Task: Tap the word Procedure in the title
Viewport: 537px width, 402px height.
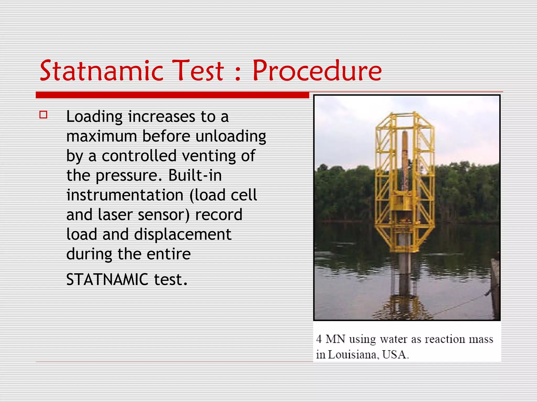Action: pos(317,71)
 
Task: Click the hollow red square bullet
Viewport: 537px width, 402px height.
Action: pos(43,115)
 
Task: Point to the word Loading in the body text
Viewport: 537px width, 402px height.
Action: pos(94,117)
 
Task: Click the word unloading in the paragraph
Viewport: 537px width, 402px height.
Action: pos(231,137)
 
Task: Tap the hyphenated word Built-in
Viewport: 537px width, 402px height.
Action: pos(195,175)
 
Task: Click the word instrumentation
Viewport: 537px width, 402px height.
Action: pos(125,195)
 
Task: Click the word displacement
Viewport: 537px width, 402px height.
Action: pos(183,234)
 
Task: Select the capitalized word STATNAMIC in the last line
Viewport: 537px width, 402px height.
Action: pos(107,280)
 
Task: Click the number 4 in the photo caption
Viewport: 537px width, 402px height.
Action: pos(319,339)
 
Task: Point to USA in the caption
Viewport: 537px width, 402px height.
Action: pos(395,355)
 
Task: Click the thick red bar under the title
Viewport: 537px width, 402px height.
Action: pos(172,95)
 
